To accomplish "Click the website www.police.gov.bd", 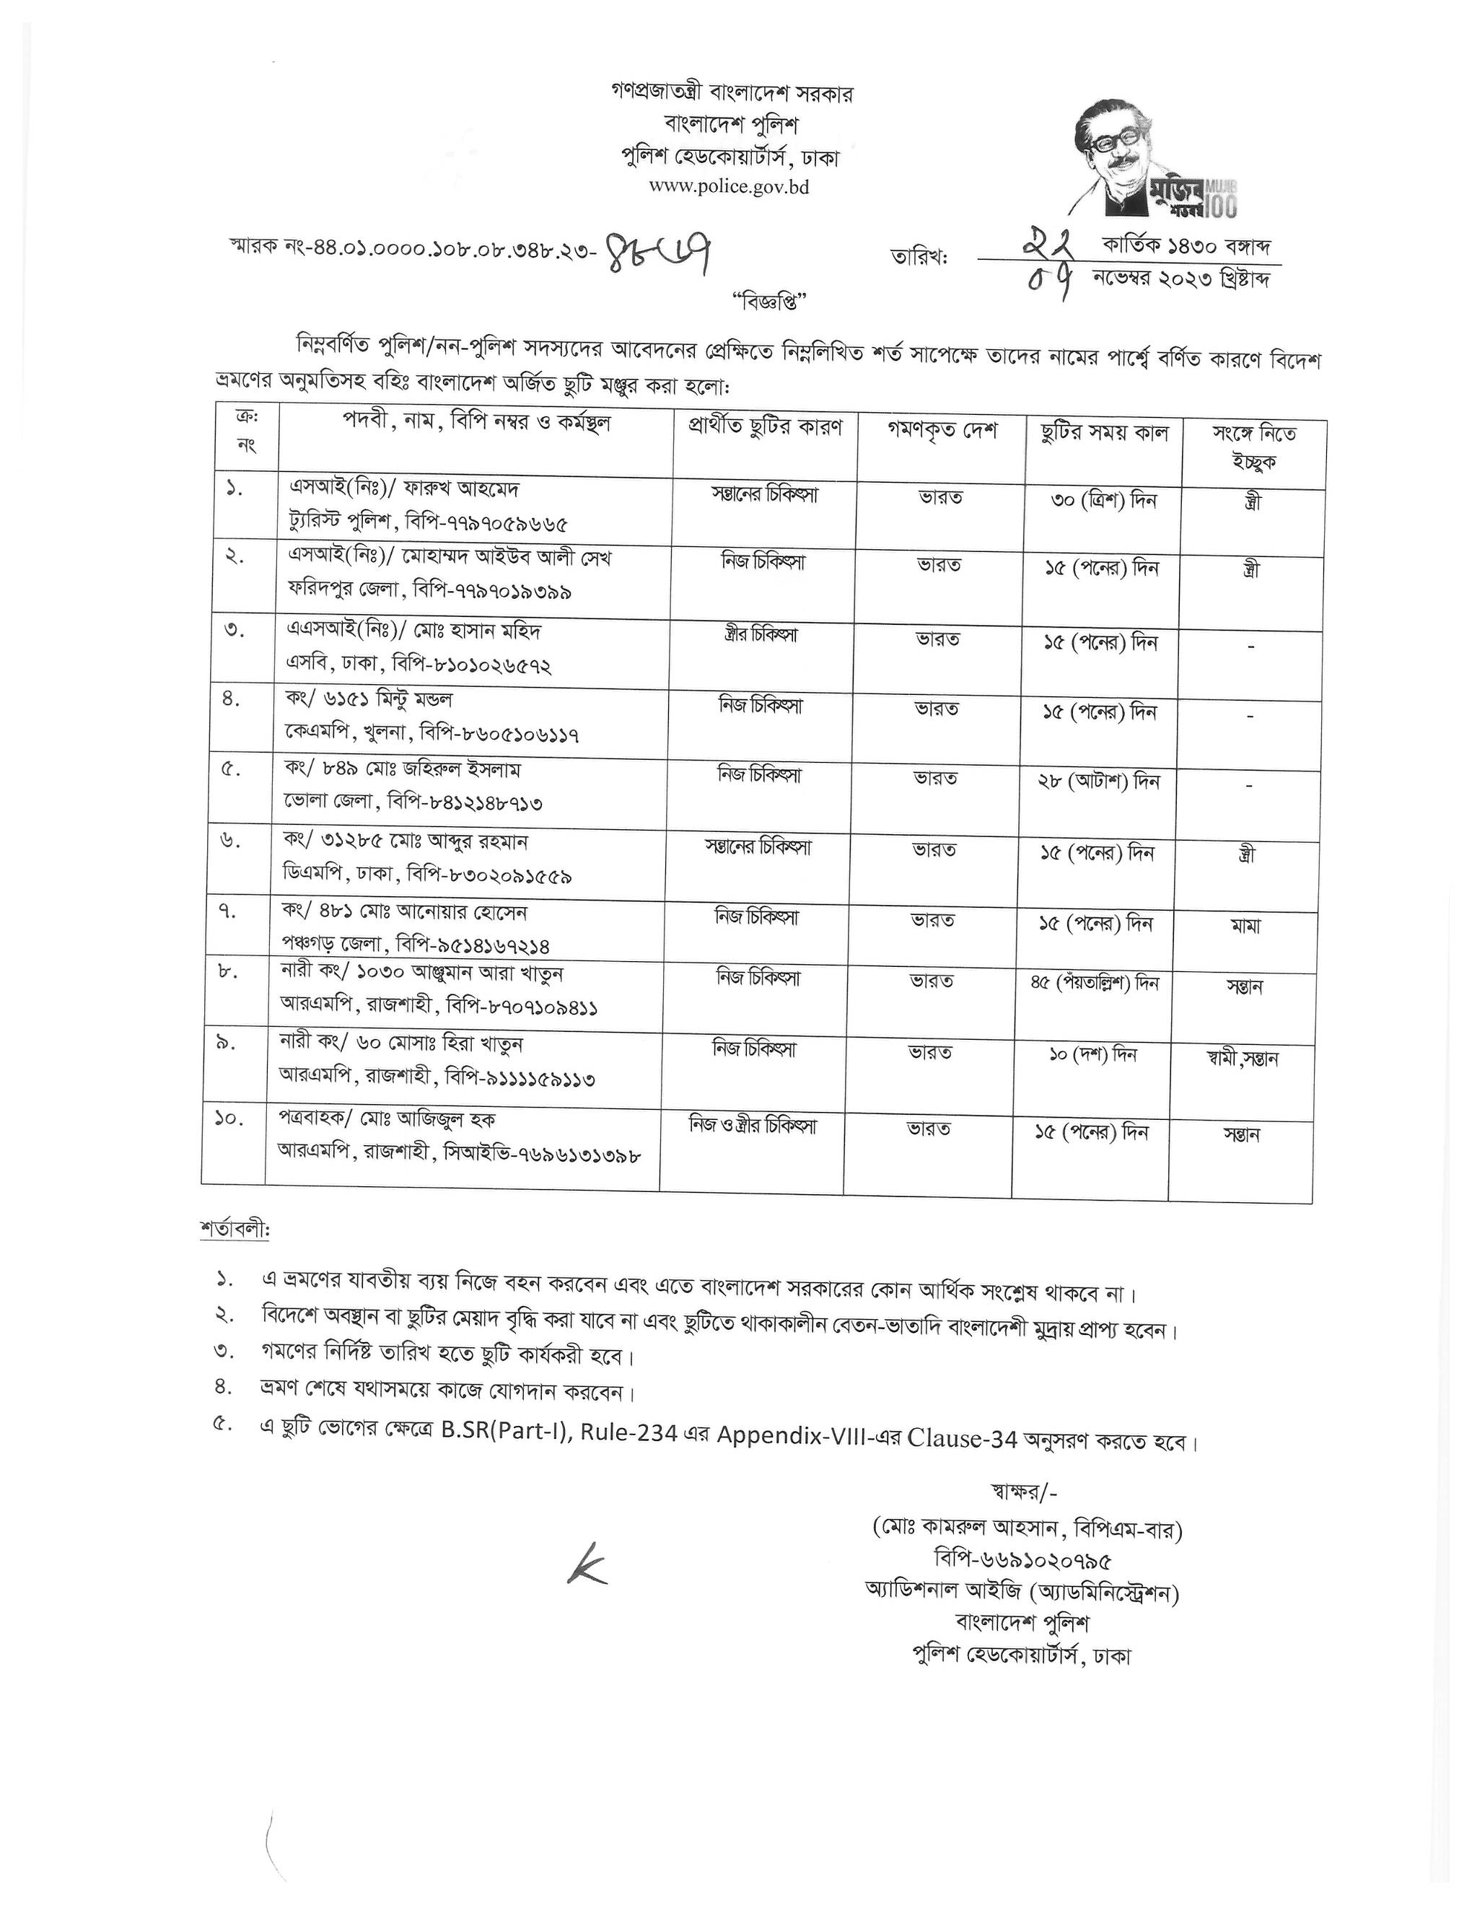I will (x=729, y=187).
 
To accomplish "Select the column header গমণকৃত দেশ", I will (x=942, y=432).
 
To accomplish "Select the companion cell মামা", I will (x=1246, y=927).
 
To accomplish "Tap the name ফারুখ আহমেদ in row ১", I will (x=452, y=488).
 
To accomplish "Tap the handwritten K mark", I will (x=586, y=1567).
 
